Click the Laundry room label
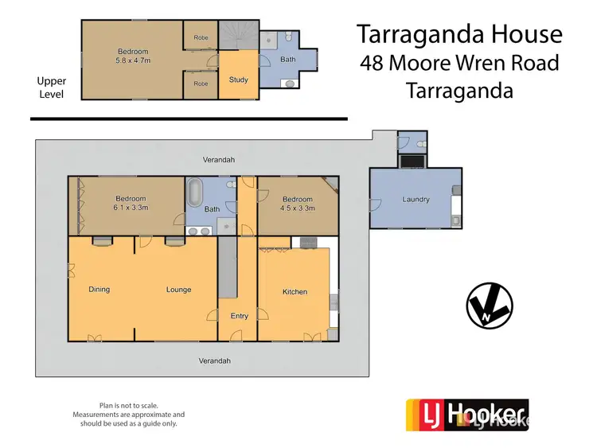tap(416, 199)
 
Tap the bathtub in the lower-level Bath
tap(195, 193)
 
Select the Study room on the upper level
tap(238, 80)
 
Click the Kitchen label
tap(295, 292)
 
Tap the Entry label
tap(239, 316)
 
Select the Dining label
tap(99, 289)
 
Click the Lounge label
tap(178, 289)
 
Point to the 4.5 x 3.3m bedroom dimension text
tap(297, 208)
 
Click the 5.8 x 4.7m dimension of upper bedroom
tap(132, 60)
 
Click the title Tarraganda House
tap(459, 34)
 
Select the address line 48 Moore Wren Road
tap(459, 62)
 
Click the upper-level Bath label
tap(287, 59)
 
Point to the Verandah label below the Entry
tap(214, 360)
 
